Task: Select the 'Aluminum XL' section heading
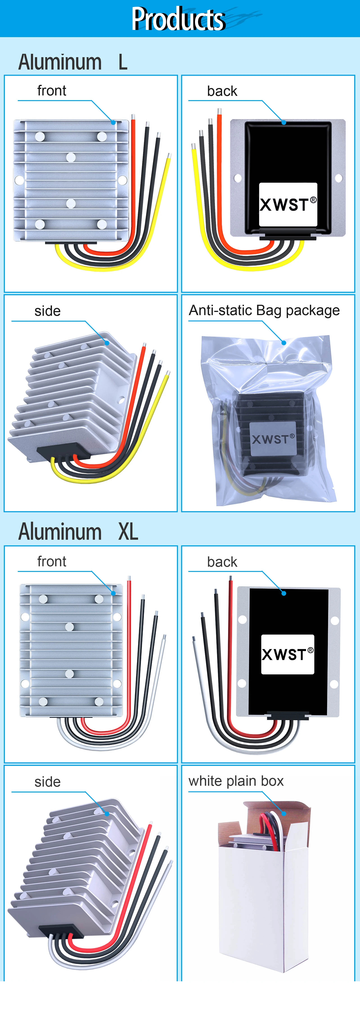78,532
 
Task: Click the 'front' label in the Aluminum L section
52,91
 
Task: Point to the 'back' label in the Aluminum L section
222,91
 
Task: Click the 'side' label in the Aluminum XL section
47,782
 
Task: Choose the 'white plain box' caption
236,781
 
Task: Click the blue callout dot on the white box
284,813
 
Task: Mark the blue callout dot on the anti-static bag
284,343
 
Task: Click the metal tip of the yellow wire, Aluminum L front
169,156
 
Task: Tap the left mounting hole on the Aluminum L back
238,178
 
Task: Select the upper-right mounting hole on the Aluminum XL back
335,620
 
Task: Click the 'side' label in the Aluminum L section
47,311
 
